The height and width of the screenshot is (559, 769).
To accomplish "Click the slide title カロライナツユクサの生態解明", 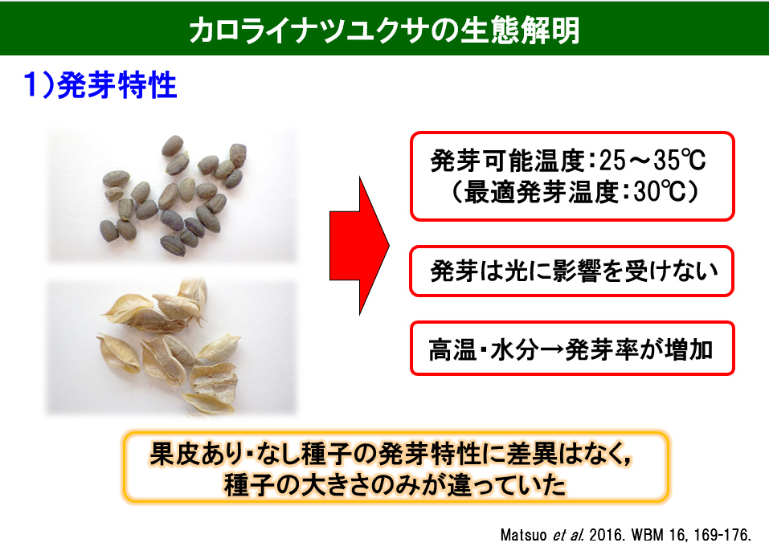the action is click(384, 30).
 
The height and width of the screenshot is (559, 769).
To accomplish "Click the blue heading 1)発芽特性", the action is click(100, 85).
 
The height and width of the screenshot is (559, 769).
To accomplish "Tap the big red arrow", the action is click(359, 246).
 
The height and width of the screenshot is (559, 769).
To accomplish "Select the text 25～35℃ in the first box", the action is click(652, 161).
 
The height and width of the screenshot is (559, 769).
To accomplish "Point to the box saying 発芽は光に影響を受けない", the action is click(572, 271).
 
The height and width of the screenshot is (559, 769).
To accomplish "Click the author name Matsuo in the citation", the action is click(523, 534).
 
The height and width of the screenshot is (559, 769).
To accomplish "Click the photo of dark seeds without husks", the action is click(172, 196).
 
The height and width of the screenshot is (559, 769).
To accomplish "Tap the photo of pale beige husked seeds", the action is click(172, 347).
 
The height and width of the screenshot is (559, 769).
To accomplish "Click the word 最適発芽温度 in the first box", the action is click(541, 192).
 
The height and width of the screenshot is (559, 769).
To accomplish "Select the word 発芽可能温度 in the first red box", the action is click(508, 161).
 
